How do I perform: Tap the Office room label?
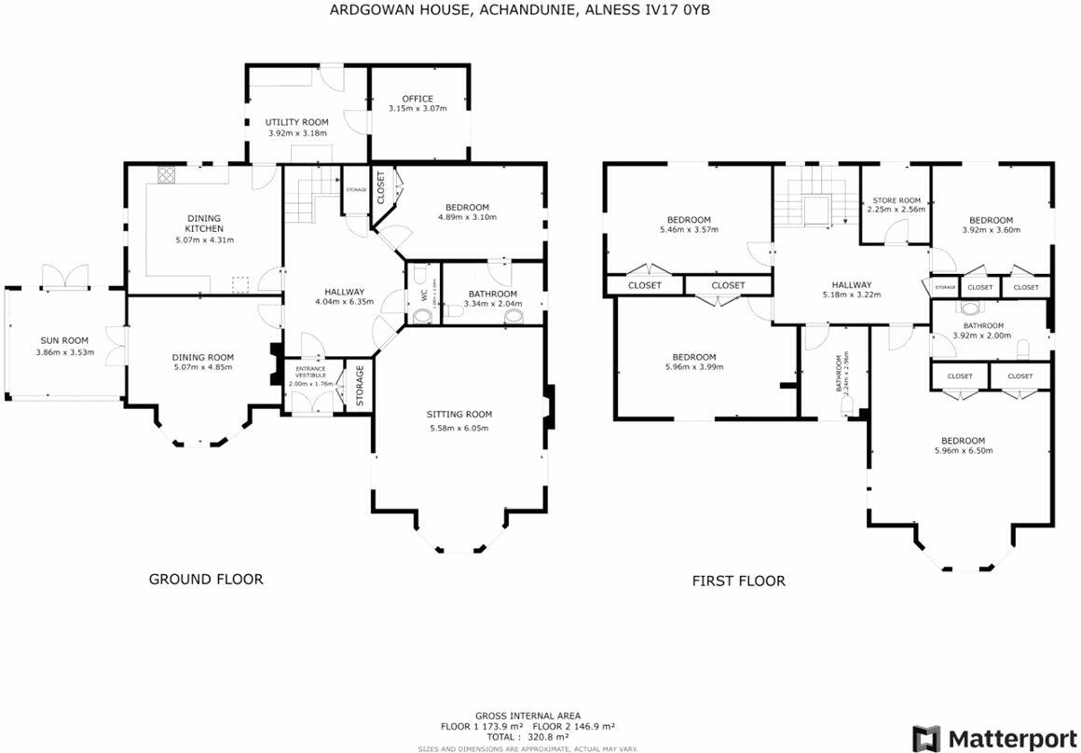click(x=417, y=99)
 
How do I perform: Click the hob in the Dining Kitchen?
click(x=168, y=173)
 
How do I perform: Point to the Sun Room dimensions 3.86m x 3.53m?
click(x=63, y=352)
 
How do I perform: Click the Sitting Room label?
click(x=459, y=415)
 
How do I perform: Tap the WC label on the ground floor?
click(x=423, y=292)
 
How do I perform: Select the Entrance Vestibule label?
click(x=310, y=372)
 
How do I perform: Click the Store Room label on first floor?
click(x=896, y=199)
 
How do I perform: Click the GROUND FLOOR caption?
click(x=206, y=579)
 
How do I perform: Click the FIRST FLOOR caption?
click(x=738, y=581)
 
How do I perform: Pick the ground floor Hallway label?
click(x=345, y=291)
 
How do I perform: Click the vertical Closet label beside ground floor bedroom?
click(x=381, y=188)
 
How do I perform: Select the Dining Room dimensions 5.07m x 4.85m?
click(x=202, y=367)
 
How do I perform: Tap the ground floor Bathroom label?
click(x=492, y=294)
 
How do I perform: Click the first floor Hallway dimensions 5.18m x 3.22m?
click(x=852, y=295)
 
